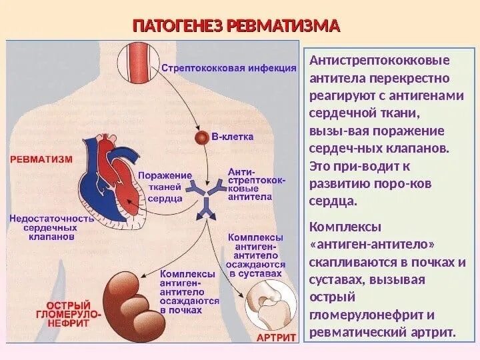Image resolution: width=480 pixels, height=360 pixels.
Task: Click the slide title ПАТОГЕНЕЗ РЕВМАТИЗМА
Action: tap(236, 26)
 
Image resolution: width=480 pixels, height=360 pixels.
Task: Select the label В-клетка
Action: tap(232, 137)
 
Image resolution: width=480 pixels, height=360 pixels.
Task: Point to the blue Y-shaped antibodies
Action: tap(205, 198)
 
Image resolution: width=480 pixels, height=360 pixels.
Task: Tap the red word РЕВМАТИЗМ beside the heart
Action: tap(40, 159)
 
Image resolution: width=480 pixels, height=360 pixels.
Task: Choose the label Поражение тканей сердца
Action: tap(165, 186)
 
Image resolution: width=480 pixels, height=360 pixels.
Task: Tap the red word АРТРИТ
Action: tap(276, 338)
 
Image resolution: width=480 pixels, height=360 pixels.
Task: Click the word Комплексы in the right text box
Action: tap(341, 228)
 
